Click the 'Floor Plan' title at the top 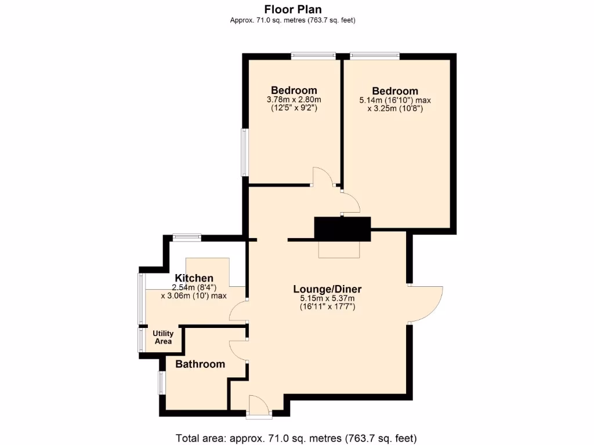(292, 9)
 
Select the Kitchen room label (194, 278)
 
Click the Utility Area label (163, 337)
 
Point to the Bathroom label (200, 364)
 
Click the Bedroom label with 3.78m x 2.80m (294, 90)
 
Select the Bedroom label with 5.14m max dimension (395, 91)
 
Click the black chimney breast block (342, 228)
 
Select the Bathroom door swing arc (238, 351)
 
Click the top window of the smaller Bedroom (313, 56)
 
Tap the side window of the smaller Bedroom (245, 152)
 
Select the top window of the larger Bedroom (374, 56)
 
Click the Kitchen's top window (187, 236)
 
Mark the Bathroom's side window (162, 382)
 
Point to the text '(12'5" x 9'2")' (294, 107)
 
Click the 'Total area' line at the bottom (296, 437)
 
